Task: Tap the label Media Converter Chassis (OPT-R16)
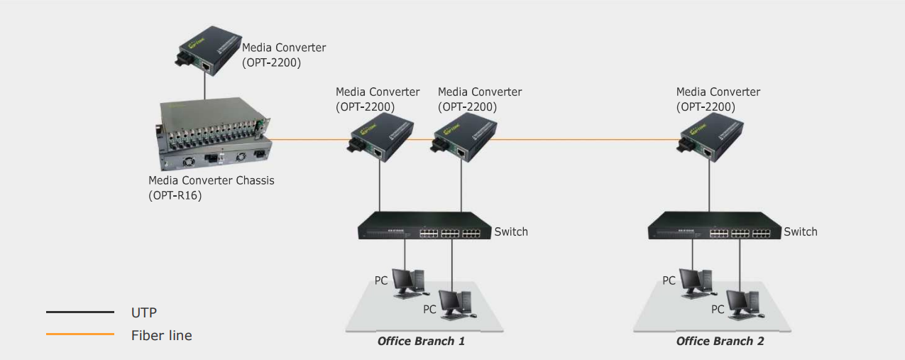(211, 187)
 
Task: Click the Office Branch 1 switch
(424, 226)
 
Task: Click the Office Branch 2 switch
(713, 226)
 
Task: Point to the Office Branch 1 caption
(421, 342)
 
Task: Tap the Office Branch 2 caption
(720, 342)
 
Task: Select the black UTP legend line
(79, 312)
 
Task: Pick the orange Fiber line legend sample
(79, 334)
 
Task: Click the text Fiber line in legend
(161, 335)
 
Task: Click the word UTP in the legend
(143, 312)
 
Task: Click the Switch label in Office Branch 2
(801, 231)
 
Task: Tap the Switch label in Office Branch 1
(511, 231)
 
